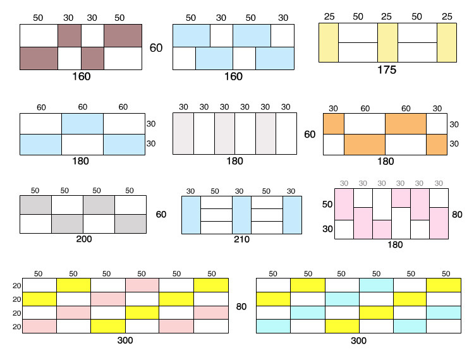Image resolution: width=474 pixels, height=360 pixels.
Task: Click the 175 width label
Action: coord(386,70)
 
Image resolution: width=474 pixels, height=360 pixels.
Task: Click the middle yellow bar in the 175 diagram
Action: coord(387,42)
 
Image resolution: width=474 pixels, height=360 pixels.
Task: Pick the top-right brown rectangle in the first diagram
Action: coord(123,35)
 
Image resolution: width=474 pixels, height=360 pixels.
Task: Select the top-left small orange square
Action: coord(333,124)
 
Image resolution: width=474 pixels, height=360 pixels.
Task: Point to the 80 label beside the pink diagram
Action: coord(458,215)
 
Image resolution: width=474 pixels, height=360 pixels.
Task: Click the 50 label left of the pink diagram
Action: coord(327,205)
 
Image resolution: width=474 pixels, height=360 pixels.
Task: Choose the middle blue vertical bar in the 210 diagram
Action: coord(241,215)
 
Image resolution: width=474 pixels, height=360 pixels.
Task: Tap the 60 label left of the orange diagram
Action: coord(310,135)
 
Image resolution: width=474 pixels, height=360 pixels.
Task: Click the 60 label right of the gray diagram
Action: coord(161,215)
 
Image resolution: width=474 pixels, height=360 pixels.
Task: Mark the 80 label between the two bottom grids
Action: coord(241,307)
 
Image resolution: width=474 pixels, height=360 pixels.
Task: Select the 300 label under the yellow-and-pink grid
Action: coord(125,340)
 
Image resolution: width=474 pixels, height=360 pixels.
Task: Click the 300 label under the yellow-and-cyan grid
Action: coord(358,340)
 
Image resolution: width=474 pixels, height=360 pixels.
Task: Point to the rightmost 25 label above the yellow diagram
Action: coord(446,16)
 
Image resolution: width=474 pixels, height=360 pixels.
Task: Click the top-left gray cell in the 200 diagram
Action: coord(35,206)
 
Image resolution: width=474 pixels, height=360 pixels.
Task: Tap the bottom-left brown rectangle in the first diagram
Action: coord(38,58)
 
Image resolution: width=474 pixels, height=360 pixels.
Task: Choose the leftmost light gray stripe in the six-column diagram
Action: coord(183,134)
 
